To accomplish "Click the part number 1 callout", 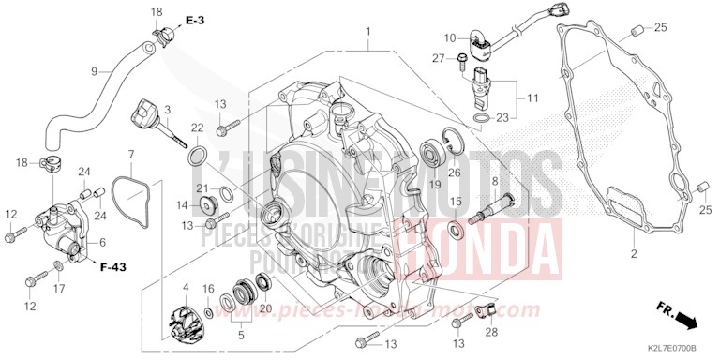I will coord(368,32).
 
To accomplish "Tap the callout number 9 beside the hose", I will coord(95,71).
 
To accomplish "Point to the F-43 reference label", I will coord(113,267).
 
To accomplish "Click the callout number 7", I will coord(131,154).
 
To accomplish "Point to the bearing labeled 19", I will coord(434,150).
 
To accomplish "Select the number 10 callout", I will coord(450,38).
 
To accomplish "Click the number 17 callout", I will coord(59,290).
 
